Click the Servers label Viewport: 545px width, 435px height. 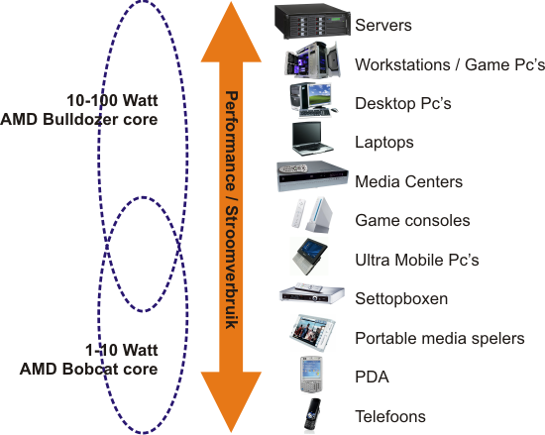[x=383, y=26]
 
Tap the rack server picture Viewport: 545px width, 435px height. [x=312, y=21]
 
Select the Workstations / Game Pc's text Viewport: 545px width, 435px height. [x=450, y=64]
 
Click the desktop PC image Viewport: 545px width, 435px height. [x=314, y=101]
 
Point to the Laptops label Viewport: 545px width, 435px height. [x=384, y=143]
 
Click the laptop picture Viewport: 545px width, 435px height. [x=312, y=139]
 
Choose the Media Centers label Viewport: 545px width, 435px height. [x=408, y=181]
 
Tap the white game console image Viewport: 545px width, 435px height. [x=311, y=216]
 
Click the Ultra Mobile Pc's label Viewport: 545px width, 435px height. [x=417, y=260]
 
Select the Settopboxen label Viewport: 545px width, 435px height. [x=401, y=299]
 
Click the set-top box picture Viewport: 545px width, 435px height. [x=312, y=293]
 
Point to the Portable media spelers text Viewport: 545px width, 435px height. [x=440, y=339]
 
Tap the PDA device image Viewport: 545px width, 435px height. [x=311, y=375]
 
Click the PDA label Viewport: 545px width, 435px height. [x=372, y=378]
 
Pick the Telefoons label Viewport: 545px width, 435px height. [x=390, y=416]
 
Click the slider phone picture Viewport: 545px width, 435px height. [x=312, y=414]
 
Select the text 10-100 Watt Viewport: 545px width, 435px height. [x=112, y=101]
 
